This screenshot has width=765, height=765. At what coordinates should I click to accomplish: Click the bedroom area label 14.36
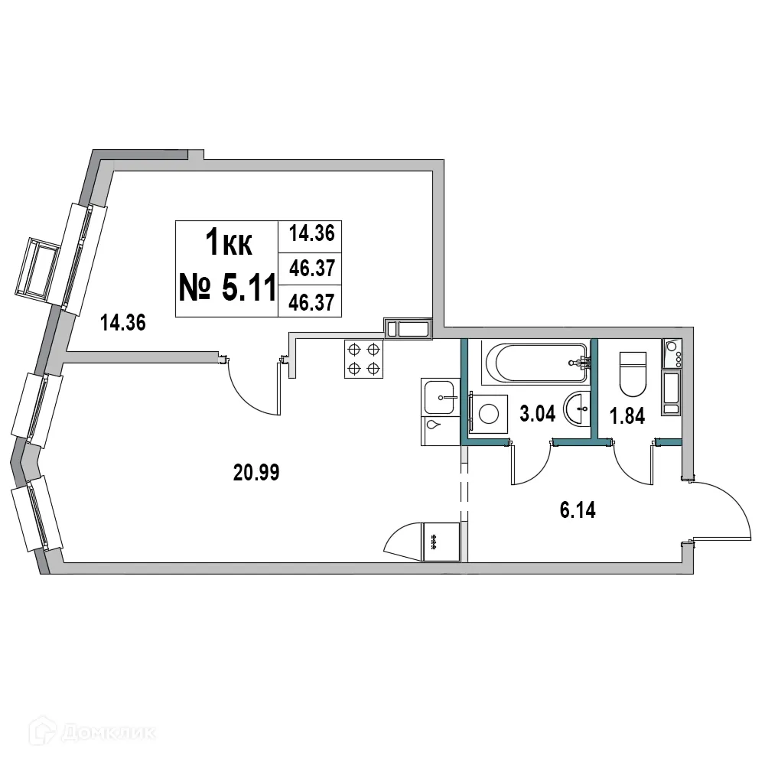point(123,323)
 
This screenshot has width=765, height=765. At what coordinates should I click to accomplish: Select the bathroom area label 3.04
point(536,415)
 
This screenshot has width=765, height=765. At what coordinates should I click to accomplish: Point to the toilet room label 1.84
point(627,416)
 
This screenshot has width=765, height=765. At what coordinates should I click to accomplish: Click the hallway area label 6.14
point(578,509)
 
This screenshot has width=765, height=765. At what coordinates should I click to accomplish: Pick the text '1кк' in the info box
point(228,244)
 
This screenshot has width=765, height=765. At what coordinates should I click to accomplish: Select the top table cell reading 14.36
point(311,233)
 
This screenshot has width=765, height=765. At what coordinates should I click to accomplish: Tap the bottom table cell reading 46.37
point(311,303)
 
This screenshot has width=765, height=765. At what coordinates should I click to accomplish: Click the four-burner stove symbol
point(363,359)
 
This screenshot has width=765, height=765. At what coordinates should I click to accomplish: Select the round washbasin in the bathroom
point(577,408)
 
